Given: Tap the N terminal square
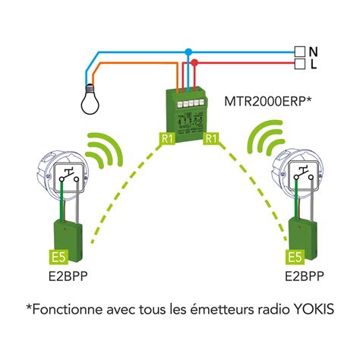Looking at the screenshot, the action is (300, 52).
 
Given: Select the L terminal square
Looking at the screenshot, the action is (300, 64).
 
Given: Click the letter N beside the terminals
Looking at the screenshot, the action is (313, 52).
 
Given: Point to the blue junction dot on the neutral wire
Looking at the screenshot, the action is (188, 52).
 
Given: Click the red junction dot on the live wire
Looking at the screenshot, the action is (194, 62).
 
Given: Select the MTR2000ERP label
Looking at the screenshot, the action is (267, 101).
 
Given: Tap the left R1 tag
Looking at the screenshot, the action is (168, 138).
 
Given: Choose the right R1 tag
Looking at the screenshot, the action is (211, 138).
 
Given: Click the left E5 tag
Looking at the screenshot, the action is (58, 257).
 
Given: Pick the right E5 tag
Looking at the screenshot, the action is (295, 257).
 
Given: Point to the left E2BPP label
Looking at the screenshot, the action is (68, 276).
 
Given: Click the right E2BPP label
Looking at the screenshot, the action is (305, 276).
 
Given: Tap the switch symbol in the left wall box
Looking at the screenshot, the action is (68, 175).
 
